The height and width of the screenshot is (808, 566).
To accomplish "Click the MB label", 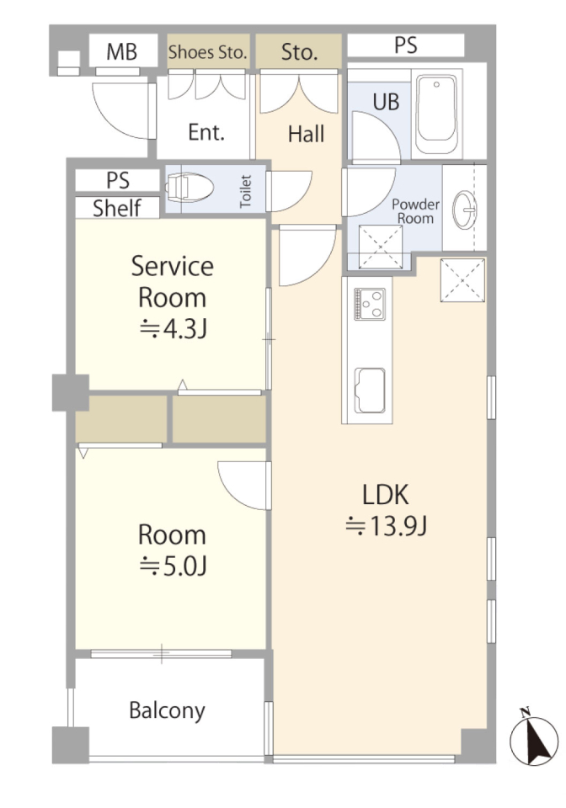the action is [x=121, y=52].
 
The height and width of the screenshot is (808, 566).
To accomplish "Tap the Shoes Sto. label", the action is [x=208, y=52].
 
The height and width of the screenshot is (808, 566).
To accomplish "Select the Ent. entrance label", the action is [x=206, y=132].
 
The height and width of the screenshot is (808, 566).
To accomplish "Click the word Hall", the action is [x=307, y=134].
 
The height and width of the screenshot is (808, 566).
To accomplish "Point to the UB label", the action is [x=386, y=102].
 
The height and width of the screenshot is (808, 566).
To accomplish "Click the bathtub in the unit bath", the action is [x=436, y=114].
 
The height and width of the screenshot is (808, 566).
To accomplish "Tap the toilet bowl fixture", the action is [x=190, y=186].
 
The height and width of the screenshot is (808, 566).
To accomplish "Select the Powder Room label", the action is [x=415, y=211].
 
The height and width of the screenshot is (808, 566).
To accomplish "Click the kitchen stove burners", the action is [x=370, y=304].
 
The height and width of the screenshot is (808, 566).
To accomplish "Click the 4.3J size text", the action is [x=174, y=328].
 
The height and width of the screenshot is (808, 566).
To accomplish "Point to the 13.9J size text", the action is [x=386, y=526].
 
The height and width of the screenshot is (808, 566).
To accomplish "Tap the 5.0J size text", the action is [x=174, y=566].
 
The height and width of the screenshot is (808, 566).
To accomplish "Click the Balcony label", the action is [x=167, y=710].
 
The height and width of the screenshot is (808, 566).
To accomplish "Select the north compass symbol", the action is [x=534, y=737].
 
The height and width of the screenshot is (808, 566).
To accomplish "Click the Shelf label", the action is [x=117, y=208].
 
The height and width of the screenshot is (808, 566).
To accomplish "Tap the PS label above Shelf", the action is [x=118, y=180].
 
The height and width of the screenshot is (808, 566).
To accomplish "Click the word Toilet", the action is [x=246, y=191].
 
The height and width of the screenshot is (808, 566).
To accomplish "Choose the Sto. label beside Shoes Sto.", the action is [x=299, y=52].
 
